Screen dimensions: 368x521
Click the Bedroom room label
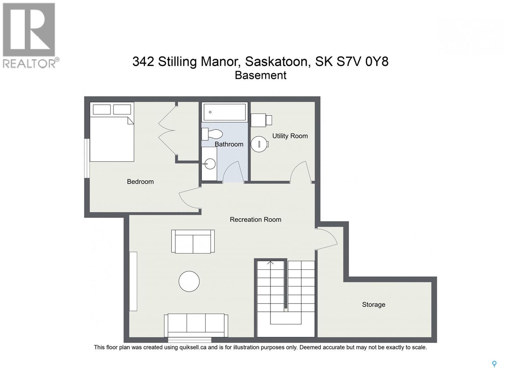tap(140, 182)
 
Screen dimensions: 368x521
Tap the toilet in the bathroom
tap(212, 134)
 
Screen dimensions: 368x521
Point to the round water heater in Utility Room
tap(259, 144)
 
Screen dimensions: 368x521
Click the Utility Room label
tap(290, 136)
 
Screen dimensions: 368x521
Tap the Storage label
tap(373, 304)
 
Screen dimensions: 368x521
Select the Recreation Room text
tap(255, 219)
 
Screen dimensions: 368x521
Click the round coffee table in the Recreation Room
tap(189, 281)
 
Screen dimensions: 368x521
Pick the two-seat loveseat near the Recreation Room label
tap(193, 242)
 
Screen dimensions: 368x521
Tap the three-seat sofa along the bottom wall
tap(196, 325)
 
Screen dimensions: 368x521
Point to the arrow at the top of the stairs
tap(270, 263)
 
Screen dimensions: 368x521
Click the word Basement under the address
tap(260, 75)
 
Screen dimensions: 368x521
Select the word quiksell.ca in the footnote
tap(193, 347)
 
